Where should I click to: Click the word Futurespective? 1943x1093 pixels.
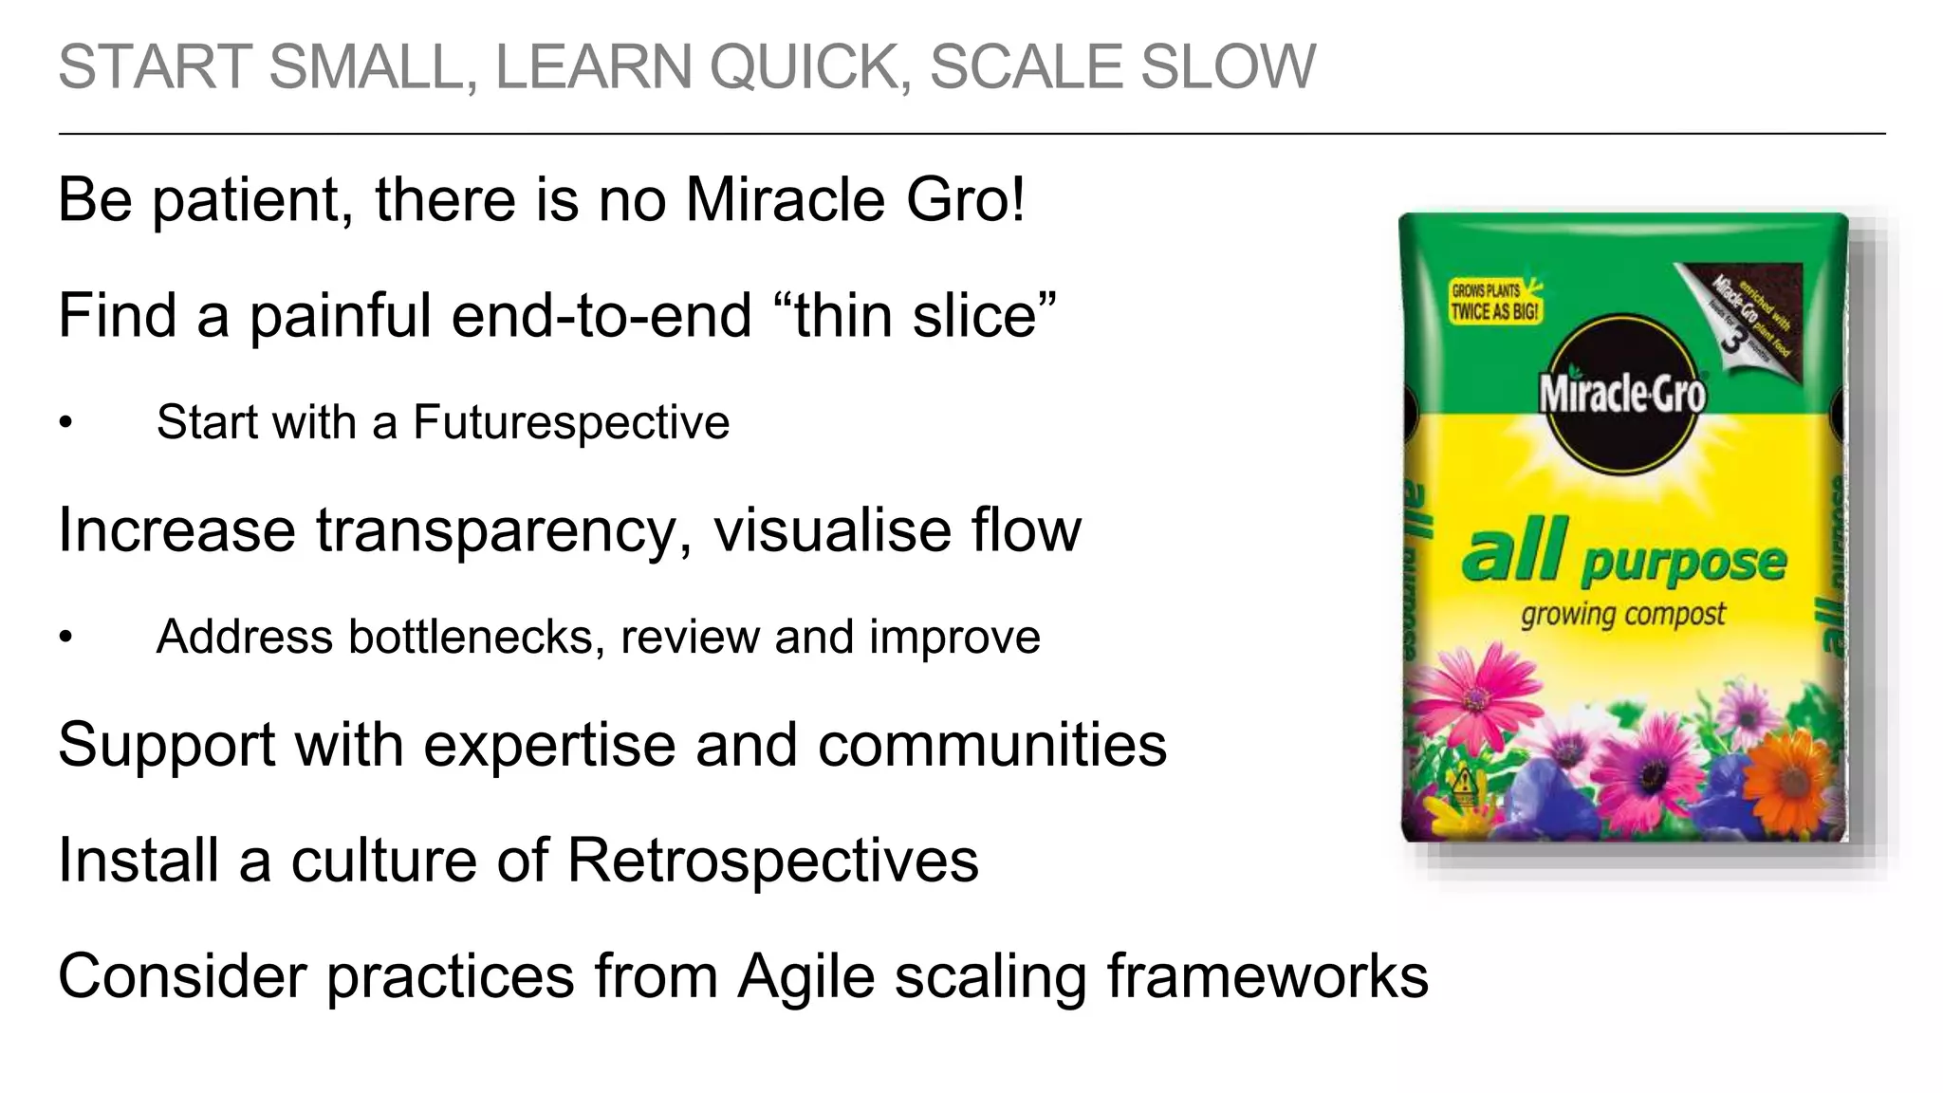click(571, 422)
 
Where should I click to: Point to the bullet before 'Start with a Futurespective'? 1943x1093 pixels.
click(65, 423)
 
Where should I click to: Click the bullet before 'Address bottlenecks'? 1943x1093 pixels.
click(65, 638)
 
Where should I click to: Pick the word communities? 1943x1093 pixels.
click(991, 745)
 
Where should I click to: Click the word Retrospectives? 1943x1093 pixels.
click(772, 861)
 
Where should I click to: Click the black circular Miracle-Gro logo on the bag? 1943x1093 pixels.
click(1621, 394)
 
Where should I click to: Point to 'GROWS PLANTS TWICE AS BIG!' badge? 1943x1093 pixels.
click(1495, 302)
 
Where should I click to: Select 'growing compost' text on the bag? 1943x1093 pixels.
click(1622, 615)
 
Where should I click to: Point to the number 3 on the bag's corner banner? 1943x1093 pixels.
click(1732, 340)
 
